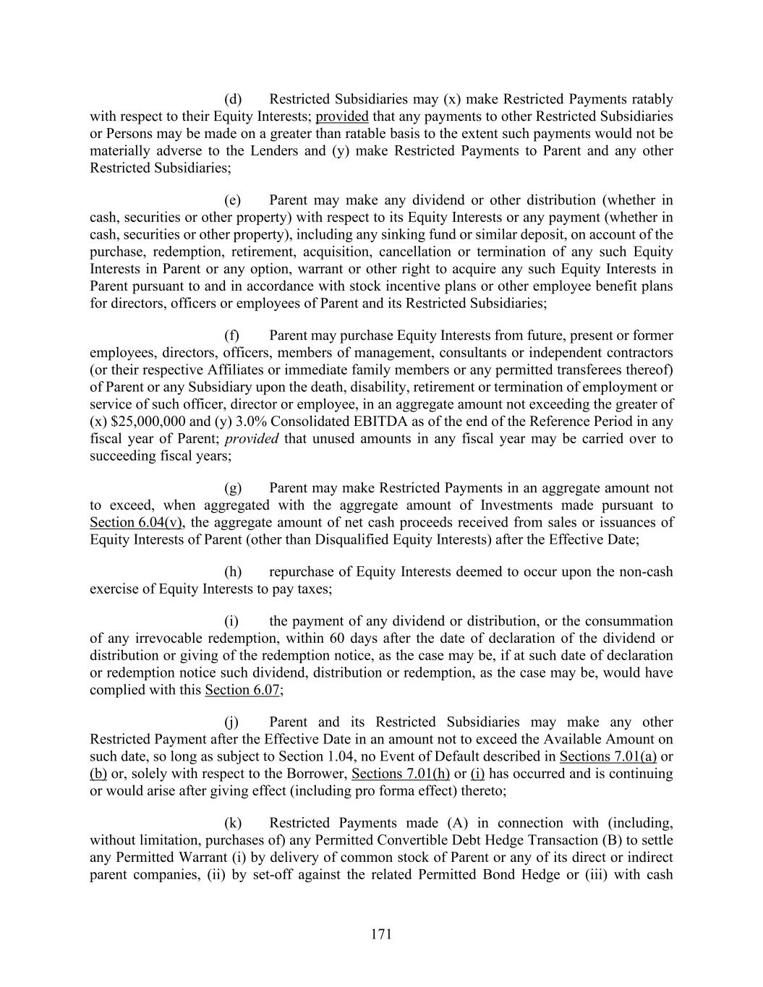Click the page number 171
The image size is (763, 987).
pos(381,934)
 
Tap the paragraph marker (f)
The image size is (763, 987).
pos(232,336)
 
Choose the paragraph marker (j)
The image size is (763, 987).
pos(232,722)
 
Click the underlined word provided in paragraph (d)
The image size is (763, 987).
pos(342,116)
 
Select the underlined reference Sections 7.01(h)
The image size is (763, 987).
pos(401,774)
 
